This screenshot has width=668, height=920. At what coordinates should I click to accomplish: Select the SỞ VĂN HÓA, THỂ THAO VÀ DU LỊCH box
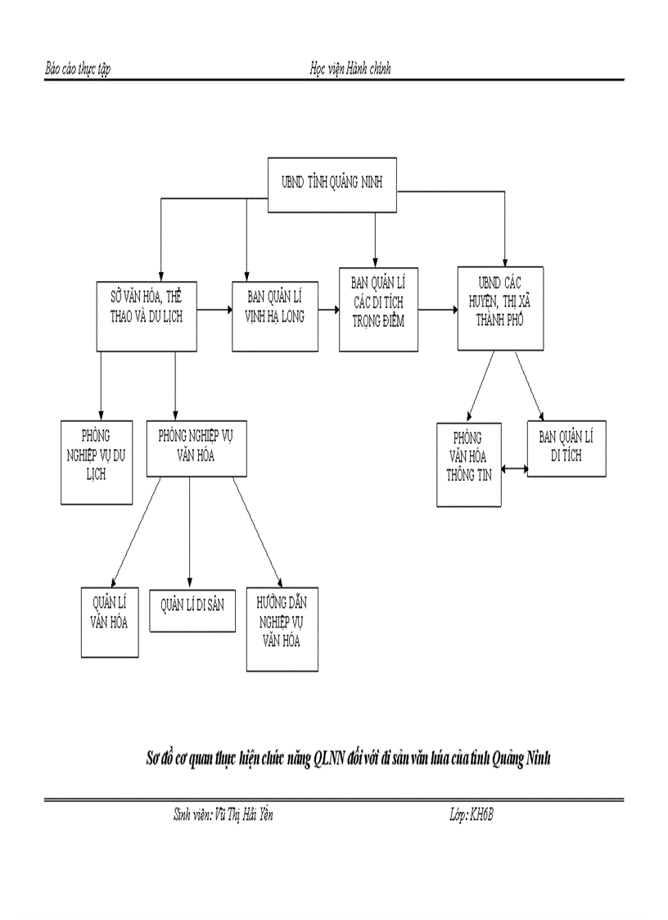pyautogui.click(x=147, y=316)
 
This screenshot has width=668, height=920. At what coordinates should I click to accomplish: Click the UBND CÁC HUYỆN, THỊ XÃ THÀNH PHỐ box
pyautogui.click(x=499, y=309)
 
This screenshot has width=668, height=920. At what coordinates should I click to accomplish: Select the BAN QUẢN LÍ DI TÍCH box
pyautogui.click(x=566, y=448)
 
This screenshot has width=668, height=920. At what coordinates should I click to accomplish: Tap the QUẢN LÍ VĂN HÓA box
pyautogui.click(x=109, y=622)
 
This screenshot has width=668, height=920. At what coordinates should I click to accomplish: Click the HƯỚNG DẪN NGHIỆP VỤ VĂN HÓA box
pyautogui.click(x=282, y=629)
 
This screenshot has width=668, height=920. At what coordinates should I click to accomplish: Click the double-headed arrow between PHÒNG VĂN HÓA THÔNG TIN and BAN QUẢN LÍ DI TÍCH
pyautogui.click(x=514, y=469)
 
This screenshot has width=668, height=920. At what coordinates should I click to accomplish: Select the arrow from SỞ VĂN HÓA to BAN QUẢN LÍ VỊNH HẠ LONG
pyautogui.click(x=214, y=310)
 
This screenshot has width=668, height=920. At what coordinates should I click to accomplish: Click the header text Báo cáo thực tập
pyautogui.click(x=78, y=69)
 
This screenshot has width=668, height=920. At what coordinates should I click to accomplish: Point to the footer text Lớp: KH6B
pyautogui.click(x=472, y=814)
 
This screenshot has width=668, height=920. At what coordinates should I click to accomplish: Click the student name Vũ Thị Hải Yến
pyautogui.click(x=243, y=814)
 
